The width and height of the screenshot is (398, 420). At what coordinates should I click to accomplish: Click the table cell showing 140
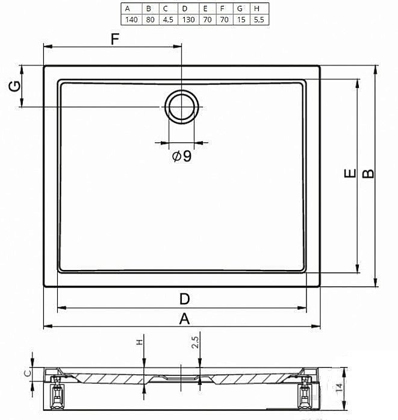point(131,19)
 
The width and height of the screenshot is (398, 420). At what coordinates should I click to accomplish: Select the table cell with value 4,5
point(168,19)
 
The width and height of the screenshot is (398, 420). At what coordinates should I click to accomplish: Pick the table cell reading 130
point(188,19)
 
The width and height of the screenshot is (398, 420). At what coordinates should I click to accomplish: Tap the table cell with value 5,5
point(259,19)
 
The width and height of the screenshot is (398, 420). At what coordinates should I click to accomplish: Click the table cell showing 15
point(241,19)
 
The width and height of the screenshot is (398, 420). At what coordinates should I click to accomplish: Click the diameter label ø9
point(182,156)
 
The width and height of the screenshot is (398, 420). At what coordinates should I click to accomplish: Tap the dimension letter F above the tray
point(115,39)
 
